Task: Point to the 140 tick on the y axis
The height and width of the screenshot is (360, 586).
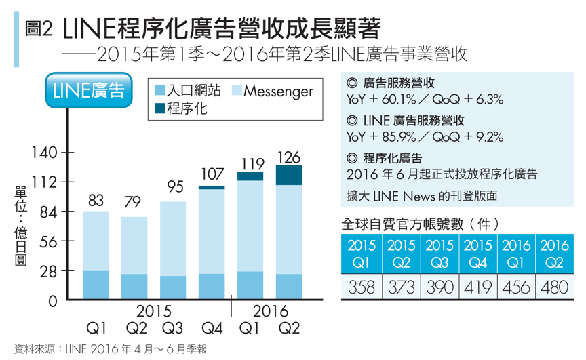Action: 42,153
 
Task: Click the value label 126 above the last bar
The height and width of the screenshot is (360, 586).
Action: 289,157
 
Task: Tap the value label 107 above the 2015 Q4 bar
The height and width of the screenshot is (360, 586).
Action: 212,175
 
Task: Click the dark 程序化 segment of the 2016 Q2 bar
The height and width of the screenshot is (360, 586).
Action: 289,175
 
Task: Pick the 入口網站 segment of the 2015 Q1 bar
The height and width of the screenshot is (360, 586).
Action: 96,285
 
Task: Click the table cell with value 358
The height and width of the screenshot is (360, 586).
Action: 362,287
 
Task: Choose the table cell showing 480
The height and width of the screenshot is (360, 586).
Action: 554,287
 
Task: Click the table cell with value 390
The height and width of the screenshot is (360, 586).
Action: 439,287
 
